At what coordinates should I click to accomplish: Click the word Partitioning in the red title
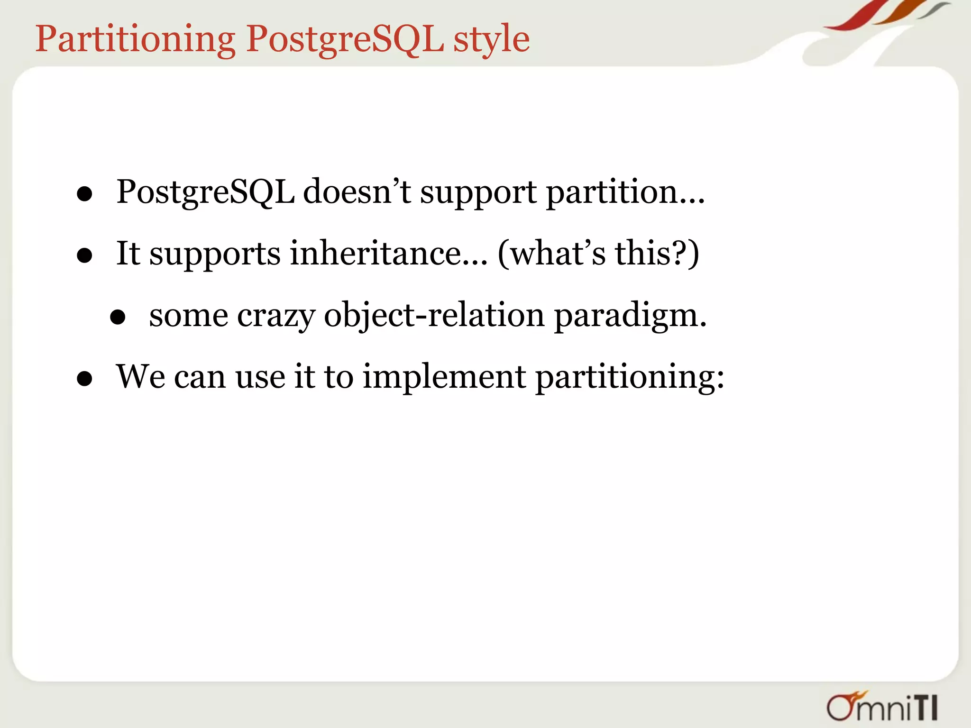[x=135, y=40]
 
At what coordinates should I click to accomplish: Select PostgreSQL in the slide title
[x=345, y=40]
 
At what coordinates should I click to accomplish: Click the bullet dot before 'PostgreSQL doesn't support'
[x=84, y=194]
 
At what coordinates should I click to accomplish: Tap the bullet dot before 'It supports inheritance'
[x=84, y=256]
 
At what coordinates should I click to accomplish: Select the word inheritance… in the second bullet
[x=388, y=254]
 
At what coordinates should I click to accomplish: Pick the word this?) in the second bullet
[x=657, y=254]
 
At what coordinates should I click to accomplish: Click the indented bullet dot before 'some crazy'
[x=118, y=317]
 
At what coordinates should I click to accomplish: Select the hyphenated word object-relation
[x=434, y=316]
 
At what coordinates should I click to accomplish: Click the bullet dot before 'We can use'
[x=84, y=379]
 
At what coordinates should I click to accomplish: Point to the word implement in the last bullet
[x=444, y=378]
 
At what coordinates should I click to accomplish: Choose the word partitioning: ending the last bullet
[x=630, y=378]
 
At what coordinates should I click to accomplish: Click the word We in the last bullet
[x=141, y=377]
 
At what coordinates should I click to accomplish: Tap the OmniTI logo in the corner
[x=882, y=707]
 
